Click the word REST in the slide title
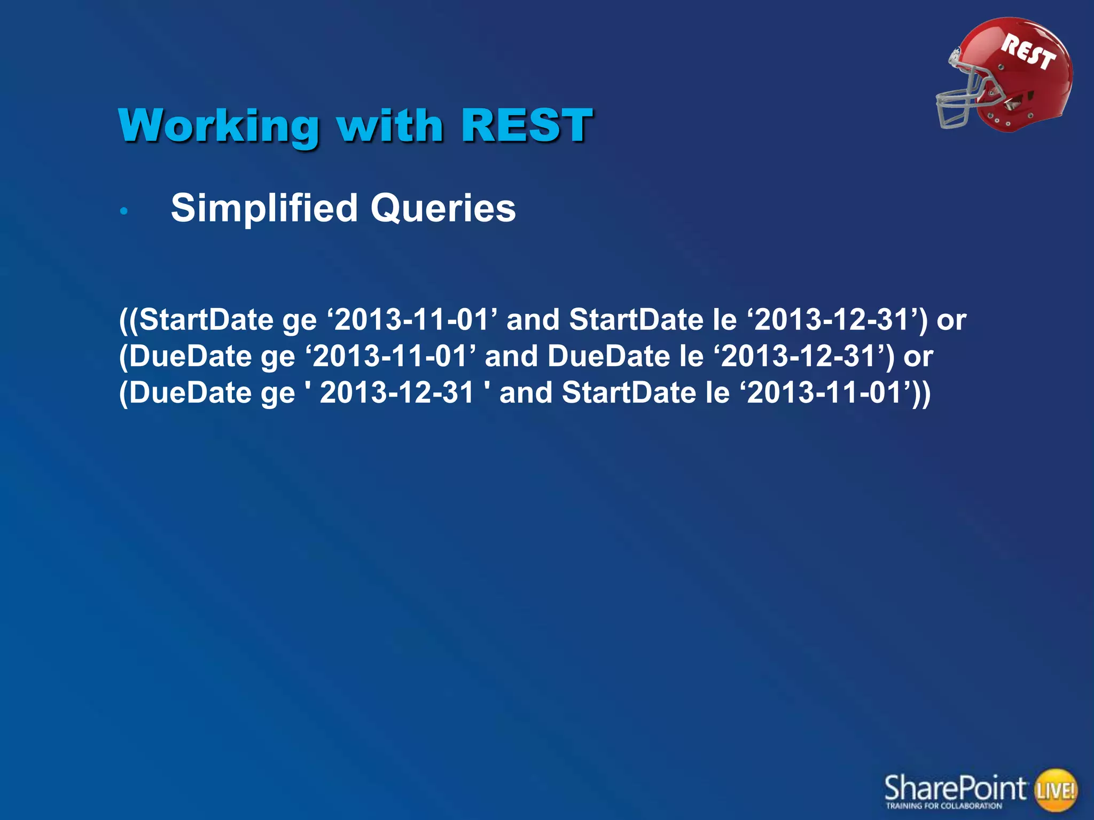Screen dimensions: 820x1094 coord(527,126)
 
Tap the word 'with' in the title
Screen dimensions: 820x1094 coord(390,126)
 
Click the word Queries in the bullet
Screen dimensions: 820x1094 coord(443,208)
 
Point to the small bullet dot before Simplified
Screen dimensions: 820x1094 coord(124,211)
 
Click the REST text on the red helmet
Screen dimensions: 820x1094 coord(1028,52)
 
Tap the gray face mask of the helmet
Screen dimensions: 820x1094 coord(959,101)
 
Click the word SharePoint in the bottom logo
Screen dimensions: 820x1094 coord(955,787)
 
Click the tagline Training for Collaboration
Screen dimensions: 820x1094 coord(944,806)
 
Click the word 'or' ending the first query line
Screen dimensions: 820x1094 coord(951,320)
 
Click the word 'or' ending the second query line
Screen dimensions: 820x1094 coord(918,357)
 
